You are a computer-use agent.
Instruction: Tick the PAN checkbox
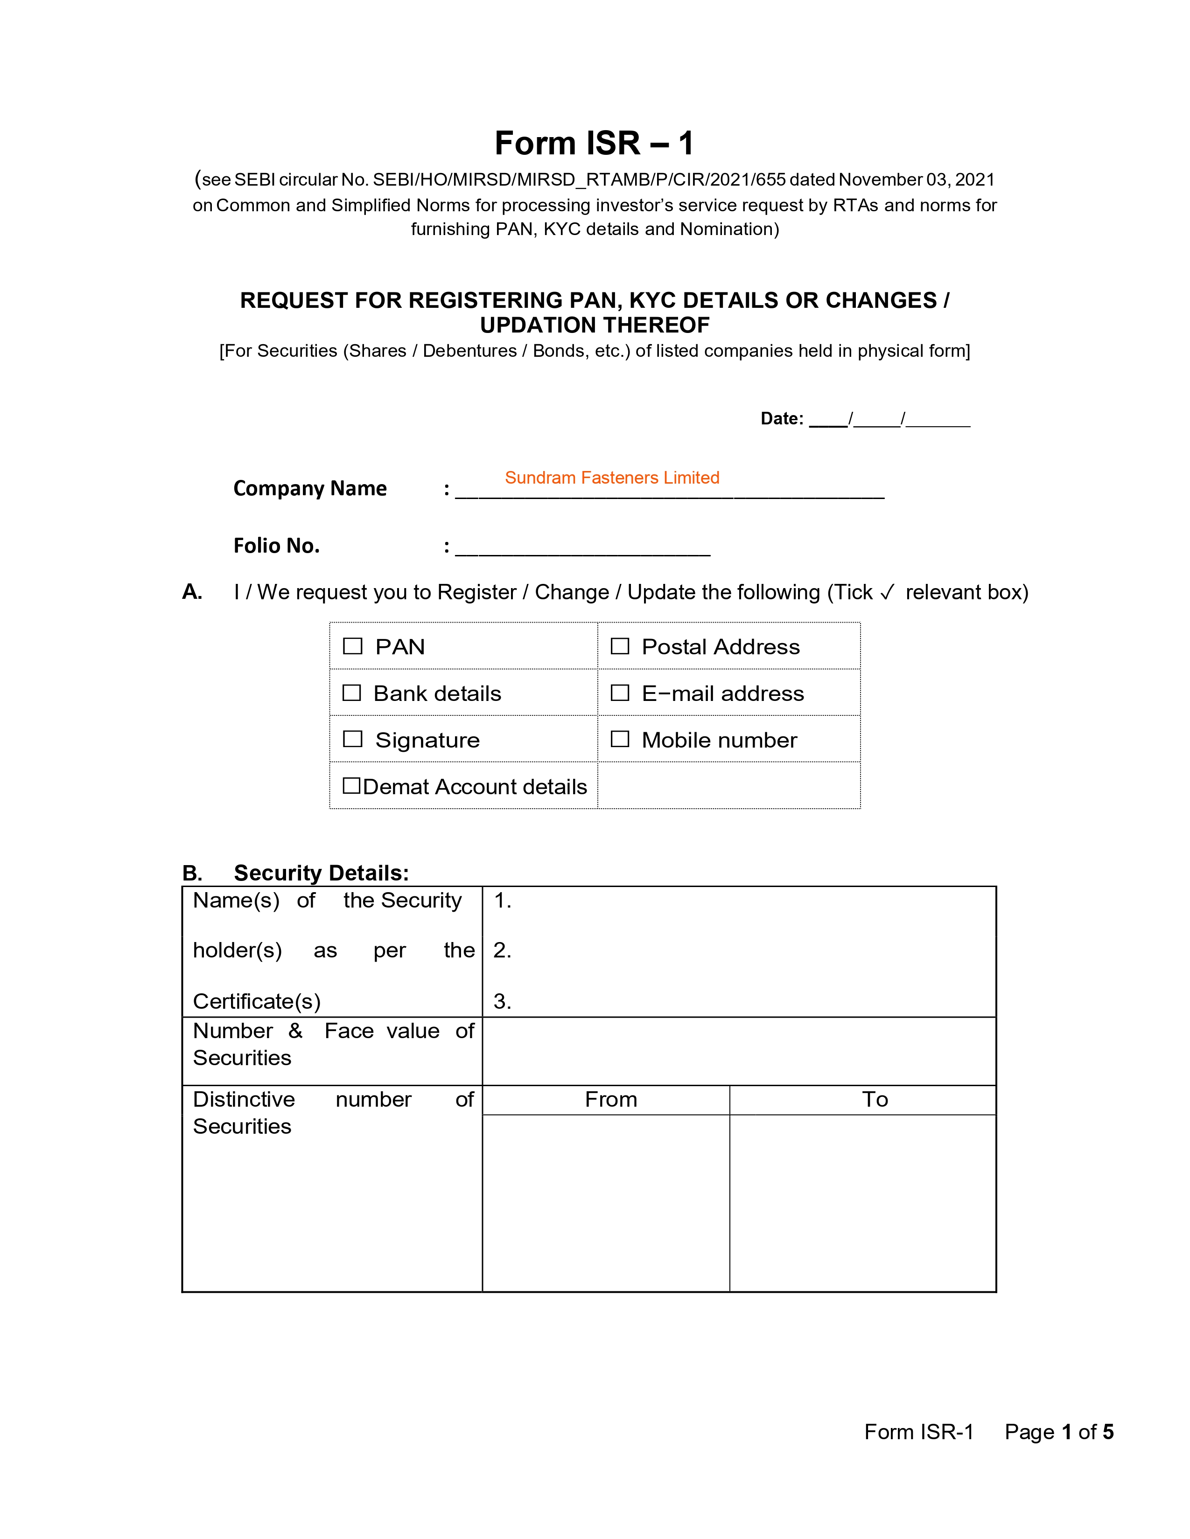click(352, 646)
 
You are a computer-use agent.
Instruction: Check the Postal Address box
click(620, 646)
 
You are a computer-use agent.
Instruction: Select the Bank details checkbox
click(352, 693)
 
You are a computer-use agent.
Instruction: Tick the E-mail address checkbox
click(620, 693)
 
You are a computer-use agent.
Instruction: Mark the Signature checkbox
click(352, 739)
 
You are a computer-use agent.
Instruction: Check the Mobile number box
click(620, 739)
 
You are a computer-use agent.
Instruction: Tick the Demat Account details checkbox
click(351, 786)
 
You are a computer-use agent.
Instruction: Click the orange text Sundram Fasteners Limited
click(612, 478)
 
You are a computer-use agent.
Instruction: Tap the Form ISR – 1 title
click(594, 143)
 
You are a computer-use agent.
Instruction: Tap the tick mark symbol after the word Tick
click(887, 592)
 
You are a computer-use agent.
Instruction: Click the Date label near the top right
click(781, 419)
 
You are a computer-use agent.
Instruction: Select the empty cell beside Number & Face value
click(739, 1051)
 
